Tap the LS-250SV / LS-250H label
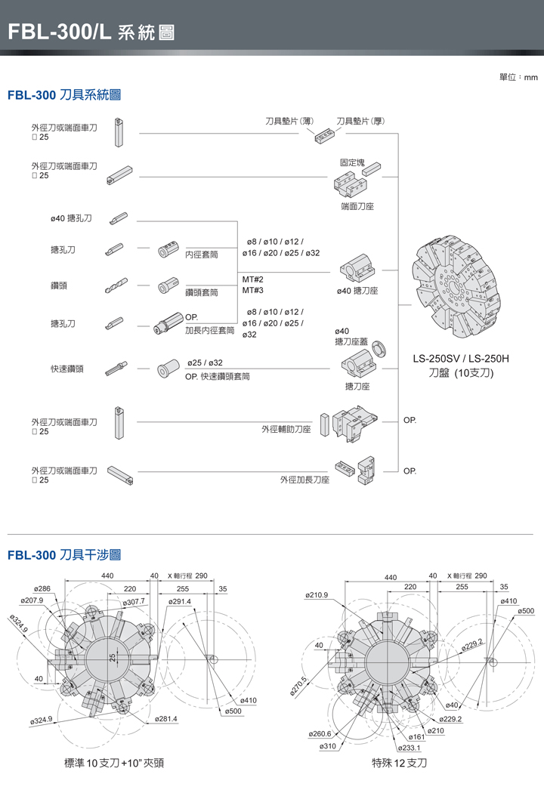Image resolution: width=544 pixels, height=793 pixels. [460, 358]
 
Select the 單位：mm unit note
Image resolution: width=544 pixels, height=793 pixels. [518, 77]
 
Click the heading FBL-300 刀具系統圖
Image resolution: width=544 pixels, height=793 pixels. [64, 96]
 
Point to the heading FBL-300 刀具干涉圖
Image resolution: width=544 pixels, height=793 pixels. [64, 555]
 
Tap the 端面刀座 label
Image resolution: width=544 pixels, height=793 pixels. [357, 205]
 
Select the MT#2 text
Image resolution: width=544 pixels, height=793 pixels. [252, 279]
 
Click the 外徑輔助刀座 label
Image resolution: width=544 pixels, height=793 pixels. [286, 429]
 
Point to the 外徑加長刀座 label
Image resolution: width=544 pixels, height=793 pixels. [305, 480]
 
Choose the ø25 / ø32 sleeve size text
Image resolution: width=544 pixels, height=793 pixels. [204, 363]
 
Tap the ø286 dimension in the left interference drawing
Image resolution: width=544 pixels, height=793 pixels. [42, 588]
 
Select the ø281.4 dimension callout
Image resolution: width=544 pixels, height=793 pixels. [165, 718]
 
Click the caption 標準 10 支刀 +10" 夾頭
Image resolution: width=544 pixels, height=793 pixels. [114, 763]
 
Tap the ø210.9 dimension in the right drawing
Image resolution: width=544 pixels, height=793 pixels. [316, 595]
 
